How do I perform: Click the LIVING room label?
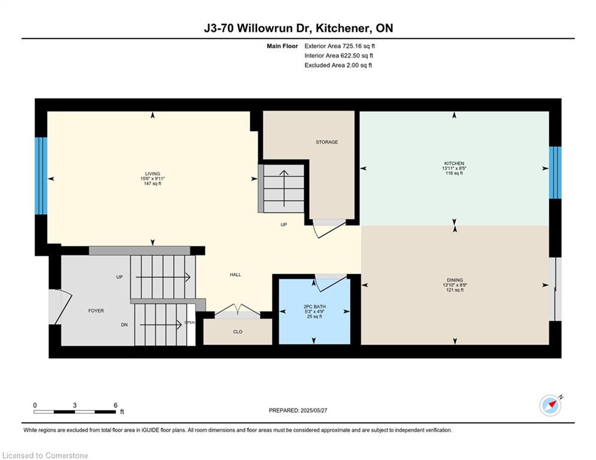(152, 174)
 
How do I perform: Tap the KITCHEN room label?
(454, 164)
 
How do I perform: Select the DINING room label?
(454, 280)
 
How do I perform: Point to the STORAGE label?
(327, 142)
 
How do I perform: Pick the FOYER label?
(96, 311)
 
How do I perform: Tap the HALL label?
(235, 274)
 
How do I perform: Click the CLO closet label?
(238, 332)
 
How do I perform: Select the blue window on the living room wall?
(41, 175)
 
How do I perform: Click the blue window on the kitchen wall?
(555, 172)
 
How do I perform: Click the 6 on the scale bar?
(115, 405)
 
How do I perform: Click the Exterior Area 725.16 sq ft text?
(340, 46)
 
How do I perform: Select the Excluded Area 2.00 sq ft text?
(338, 65)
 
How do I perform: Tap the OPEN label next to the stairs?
(189, 322)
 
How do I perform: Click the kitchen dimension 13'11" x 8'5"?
(454, 169)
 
